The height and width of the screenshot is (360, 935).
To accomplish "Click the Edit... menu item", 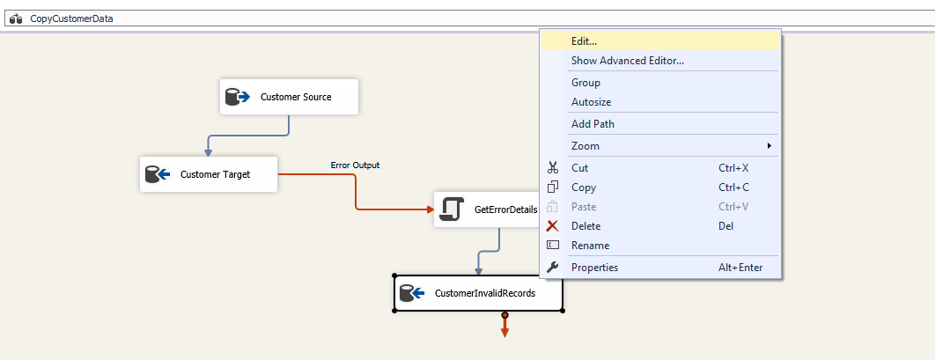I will pyautogui.click(x=584, y=40).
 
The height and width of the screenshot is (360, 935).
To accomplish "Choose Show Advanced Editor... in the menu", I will pyautogui.click(x=627, y=61).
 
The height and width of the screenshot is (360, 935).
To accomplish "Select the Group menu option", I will pyautogui.click(x=585, y=83).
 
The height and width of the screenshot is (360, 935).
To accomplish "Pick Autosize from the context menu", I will pyautogui.click(x=591, y=102).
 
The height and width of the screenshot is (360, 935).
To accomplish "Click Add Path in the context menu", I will pyautogui.click(x=593, y=124).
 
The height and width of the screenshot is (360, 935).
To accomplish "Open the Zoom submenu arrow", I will pyautogui.click(x=769, y=145).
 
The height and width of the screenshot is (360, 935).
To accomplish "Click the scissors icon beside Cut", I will pyautogui.click(x=553, y=167).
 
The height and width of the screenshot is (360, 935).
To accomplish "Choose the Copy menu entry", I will pyautogui.click(x=584, y=187).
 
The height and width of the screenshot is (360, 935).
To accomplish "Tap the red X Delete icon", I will pyautogui.click(x=553, y=226).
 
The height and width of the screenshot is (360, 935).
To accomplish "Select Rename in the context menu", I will pyautogui.click(x=590, y=246).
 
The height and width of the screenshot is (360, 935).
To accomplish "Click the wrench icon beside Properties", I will pyautogui.click(x=553, y=268).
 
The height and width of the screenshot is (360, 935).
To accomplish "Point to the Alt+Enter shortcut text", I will pyautogui.click(x=740, y=268).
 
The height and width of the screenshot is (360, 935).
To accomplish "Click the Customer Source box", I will pyautogui.click(x=289, y=97).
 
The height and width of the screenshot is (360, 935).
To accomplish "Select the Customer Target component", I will pyautogui.click(x=209, y=174).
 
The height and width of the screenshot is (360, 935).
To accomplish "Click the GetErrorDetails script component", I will pyautogui.click(x=486, y=209).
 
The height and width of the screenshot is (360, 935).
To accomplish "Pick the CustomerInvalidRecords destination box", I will pyautogui.click(x=477, y=294).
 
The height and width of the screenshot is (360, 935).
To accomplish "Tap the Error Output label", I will pyautogui.click(x=355, y=165).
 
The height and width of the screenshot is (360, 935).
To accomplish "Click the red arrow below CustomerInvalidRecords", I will pyautogui.click(x=504, y=328).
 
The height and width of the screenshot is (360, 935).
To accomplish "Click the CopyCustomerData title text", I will pyautogui.click(x=71, y=18).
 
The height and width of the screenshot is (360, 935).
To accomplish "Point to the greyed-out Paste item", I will pyautogui.click(x=584, y=207).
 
